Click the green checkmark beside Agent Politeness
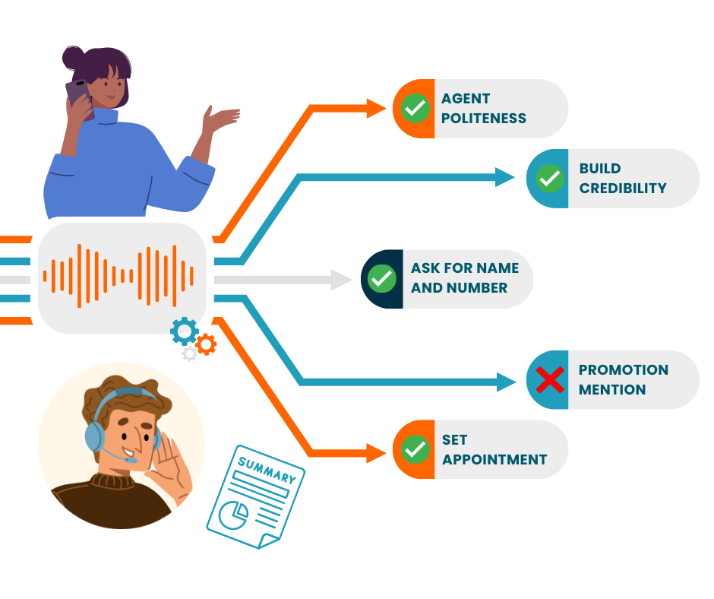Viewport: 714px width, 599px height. [415, 109]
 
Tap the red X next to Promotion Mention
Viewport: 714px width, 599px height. [550, 380]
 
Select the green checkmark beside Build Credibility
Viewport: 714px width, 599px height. [550, 178]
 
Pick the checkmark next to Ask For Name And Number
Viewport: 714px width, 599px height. [381, 278]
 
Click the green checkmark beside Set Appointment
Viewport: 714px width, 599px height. [415, 449]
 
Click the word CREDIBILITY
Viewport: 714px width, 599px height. [623, 189]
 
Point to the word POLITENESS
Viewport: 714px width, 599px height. [484, 119]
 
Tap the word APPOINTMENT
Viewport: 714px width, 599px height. [494, 459]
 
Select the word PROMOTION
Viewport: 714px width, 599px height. [624, 369]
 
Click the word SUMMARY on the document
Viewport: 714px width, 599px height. [267, 470]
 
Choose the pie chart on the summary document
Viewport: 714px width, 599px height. [234, 515]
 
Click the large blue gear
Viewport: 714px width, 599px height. [185, 331]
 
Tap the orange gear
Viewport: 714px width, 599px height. [207, 344]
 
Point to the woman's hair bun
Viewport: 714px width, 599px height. [73, 58]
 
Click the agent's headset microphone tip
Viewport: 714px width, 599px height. [131, 461]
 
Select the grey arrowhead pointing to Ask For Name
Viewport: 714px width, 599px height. [341, 280]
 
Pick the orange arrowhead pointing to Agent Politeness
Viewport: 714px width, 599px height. [376, 109]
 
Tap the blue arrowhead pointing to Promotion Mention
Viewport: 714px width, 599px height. [506, 382]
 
